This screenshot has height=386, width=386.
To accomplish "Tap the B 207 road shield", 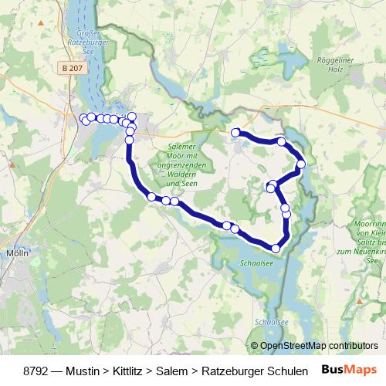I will (x=70, y=69).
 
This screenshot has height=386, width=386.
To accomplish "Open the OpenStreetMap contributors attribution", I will (x=314, y=346).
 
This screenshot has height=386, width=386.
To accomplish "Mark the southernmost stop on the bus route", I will (x=276, y=248).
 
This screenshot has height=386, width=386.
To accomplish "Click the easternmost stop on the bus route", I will (x=301, y=164).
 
